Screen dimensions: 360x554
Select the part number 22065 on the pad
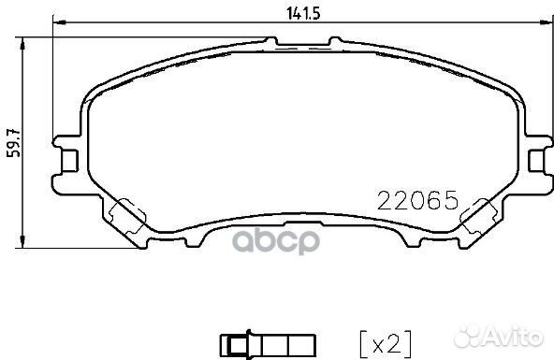click(415, 199)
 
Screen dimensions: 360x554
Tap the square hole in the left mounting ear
click(68, 161)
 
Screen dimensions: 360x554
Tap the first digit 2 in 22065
click(384, 199)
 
